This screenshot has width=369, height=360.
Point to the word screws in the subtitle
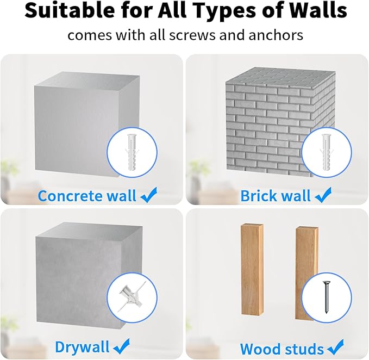[192, 35]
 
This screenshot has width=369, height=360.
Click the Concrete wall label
[87, 196]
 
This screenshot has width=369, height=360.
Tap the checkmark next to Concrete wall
[148, 195]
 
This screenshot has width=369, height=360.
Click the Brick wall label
[276, 196]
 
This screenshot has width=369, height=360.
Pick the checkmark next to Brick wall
[323, 195]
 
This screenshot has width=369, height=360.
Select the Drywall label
[83, 347]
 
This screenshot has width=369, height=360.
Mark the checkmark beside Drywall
[121, 346]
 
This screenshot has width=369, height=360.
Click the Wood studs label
[282, 349]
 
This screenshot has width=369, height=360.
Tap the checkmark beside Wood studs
[335, 347]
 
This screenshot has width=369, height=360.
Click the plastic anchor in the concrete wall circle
[132, 152]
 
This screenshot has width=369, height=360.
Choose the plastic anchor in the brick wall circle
[327, 152]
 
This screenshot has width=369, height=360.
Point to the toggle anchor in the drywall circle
[132, 296]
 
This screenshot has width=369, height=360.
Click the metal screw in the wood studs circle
[327, 297]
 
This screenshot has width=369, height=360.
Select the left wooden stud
[252, 269]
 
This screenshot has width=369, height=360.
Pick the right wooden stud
[307, 273]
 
